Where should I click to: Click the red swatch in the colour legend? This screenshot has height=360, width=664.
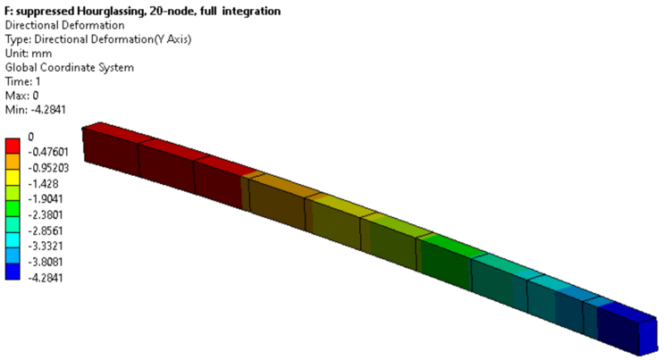13,146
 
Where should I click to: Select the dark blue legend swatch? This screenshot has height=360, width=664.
13,272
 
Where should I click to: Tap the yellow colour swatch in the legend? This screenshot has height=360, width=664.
13,177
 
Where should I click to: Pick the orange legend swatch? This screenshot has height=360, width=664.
13,162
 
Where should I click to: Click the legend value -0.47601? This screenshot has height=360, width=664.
48,152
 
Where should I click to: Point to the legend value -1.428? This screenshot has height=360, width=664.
43,184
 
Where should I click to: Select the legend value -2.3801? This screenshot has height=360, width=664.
46,215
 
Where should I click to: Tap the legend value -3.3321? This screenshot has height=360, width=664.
46,246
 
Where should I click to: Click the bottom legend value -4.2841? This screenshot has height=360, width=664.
46,278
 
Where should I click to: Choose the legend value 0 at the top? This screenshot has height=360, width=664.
31,137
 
